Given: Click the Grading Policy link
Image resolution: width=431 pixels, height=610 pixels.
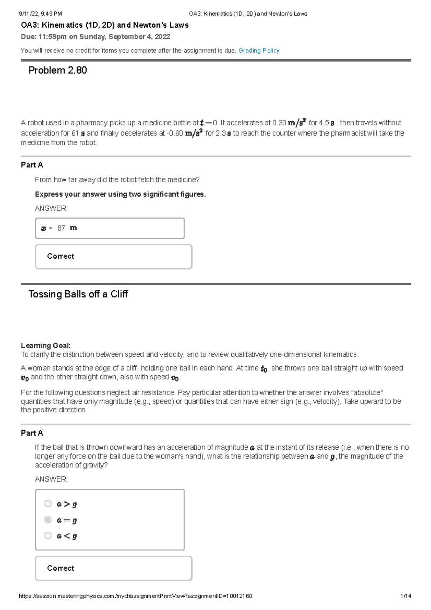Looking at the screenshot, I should point(259,51).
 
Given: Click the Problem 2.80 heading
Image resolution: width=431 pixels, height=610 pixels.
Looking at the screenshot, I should point(57,70).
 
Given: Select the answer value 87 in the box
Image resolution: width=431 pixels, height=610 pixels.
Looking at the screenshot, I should point(61,228).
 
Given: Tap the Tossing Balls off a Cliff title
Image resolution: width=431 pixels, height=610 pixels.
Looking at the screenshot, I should point(78,294).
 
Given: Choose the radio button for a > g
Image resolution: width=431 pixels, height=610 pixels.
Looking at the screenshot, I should point(48,504).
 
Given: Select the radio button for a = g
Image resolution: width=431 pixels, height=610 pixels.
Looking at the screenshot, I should point(48,520).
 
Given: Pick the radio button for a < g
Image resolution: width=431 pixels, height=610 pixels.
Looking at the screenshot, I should point(48,536).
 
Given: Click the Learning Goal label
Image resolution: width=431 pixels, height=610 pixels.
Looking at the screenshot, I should point(45,346).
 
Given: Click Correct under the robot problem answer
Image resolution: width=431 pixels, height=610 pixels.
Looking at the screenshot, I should point(60,256).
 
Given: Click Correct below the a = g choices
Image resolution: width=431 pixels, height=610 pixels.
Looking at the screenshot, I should point(60,568).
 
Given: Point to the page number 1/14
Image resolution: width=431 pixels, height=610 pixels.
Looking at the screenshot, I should point(405,596).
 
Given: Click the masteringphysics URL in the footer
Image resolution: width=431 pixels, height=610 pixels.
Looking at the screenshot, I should point(135,596).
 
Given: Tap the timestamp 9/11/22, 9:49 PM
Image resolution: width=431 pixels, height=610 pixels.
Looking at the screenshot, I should point(40,14).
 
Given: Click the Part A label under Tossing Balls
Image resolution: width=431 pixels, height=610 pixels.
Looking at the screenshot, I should point(32,433).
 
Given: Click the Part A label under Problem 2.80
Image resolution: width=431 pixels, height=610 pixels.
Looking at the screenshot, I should point(32,165).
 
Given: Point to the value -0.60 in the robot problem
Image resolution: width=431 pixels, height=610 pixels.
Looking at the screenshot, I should point(175,133).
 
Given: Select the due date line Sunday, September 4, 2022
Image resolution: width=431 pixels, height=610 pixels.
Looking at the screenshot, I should point(95,37).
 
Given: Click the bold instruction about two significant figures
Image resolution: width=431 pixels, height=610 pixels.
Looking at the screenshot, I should point(120,194).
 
